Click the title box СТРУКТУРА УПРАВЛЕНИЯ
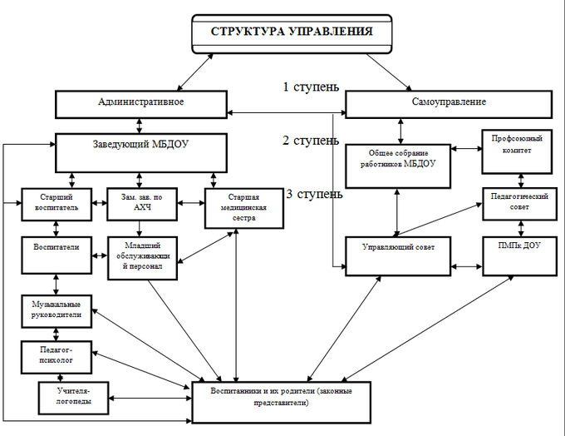290,33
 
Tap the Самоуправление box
449,102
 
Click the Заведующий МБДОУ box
141,151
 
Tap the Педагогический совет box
520,203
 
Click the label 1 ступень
308,86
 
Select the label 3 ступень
313,194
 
